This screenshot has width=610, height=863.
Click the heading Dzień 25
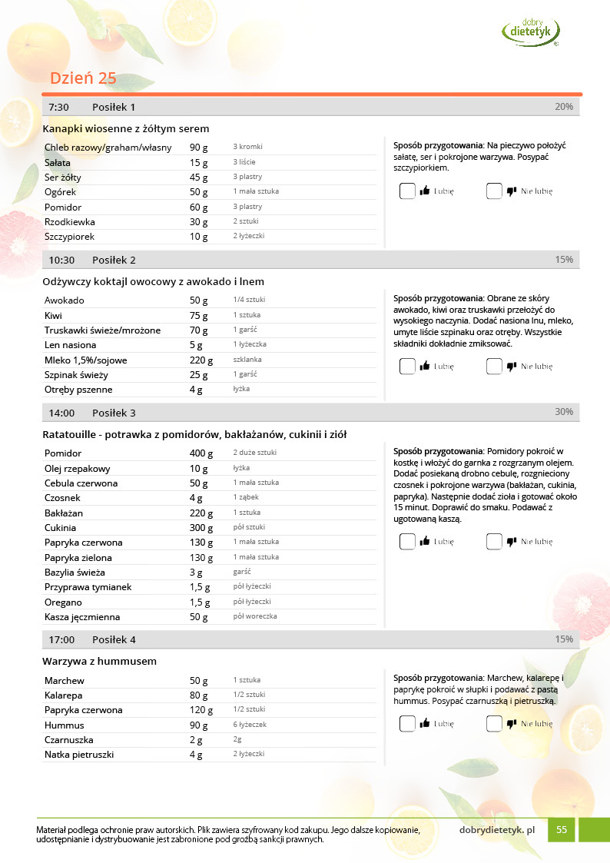click(83, 78)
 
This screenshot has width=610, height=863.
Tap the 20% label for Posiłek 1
click(564, 107)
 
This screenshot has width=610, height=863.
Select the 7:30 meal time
click(59, 107)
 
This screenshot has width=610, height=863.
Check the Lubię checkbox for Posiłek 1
click(407, 191)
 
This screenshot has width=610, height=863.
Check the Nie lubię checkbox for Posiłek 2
click(494, 367)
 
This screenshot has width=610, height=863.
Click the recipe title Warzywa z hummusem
click(100, 662)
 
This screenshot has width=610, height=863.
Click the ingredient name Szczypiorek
click(70, 237)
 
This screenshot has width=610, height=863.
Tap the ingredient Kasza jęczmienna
click(82, 617)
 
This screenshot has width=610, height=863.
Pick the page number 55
click(562, 830)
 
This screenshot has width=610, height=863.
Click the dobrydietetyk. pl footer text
click(496, 830)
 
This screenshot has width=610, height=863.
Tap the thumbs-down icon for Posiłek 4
click(512, 723)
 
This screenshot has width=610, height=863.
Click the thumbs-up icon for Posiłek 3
click(424, 542)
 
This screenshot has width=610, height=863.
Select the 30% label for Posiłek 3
click(564, 413)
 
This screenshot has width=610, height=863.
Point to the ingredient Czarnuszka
click(69, 740)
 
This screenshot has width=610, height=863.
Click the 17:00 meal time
click(61, 639)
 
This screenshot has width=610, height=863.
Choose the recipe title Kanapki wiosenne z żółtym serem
click(126, 128)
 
